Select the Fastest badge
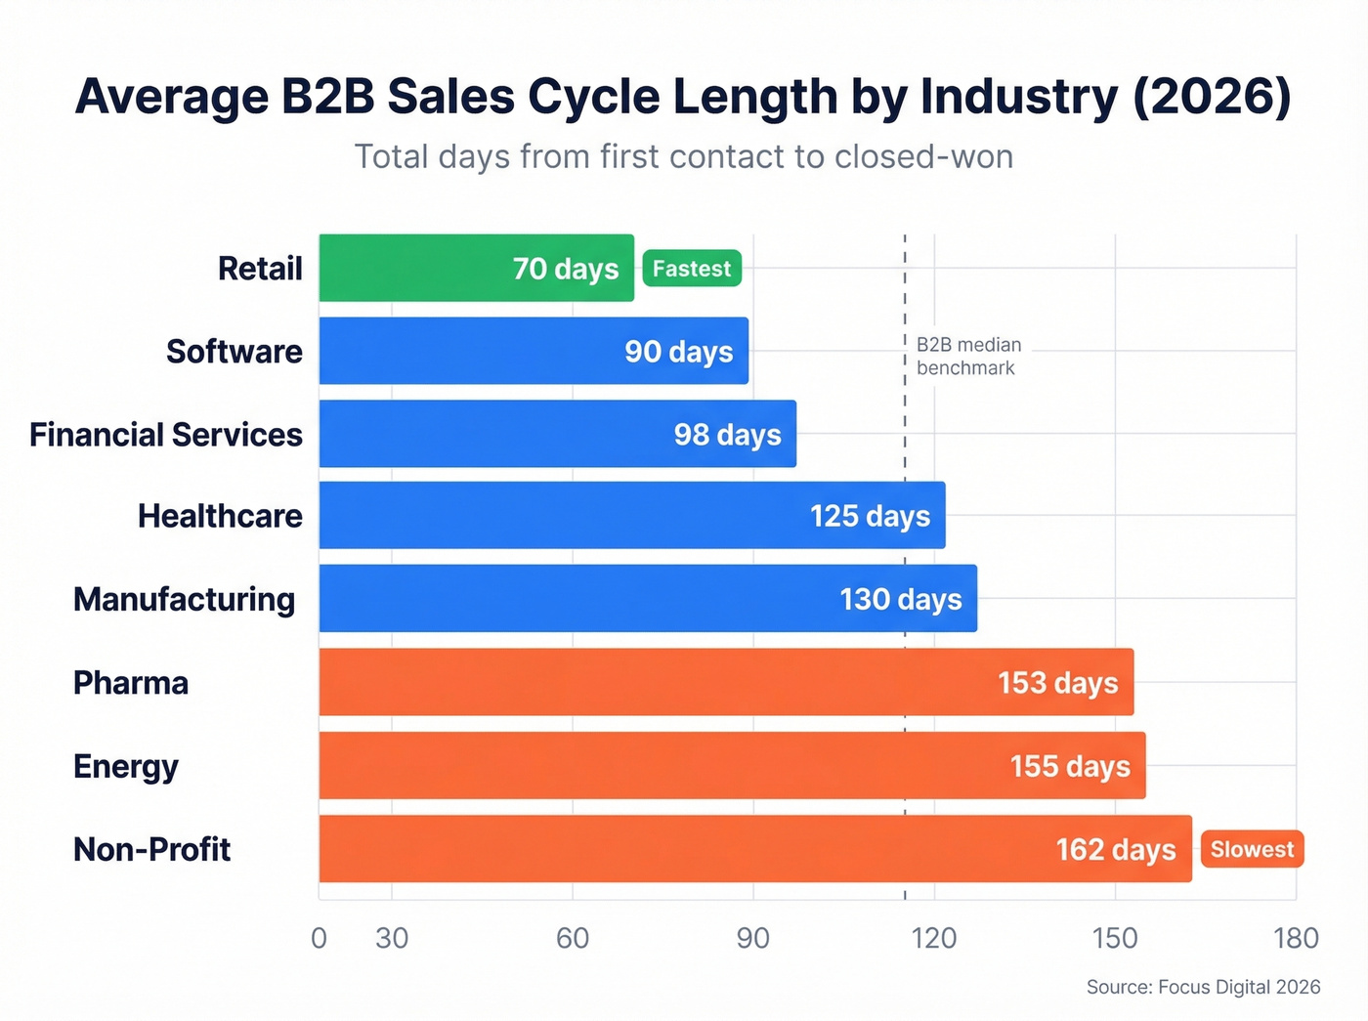coord(692,269)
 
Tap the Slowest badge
coord(1252,849)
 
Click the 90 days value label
coord(679,352)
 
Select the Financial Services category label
coord(166,435)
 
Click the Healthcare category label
coord(220,516)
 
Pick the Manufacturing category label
coord(184,599)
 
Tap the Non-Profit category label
coord(151,849)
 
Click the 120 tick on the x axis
coord(933,938)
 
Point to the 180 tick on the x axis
coord(1296,938)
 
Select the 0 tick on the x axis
coord(319,938)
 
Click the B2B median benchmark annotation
coord(967,357)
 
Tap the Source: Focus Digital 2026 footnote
coord(1203,987)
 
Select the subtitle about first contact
coord(683,156)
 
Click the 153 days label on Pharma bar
coord(1057,683)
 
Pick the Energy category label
coord(126,767)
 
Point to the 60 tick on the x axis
coord(573,938)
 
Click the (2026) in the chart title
coord(1212,97)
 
